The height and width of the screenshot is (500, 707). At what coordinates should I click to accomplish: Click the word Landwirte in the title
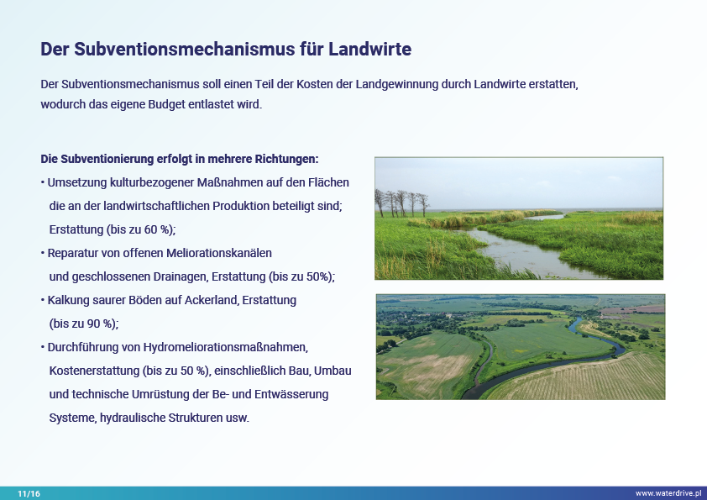[x=369, y=49]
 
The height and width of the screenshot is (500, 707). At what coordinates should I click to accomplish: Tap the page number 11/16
[x=29, y=493]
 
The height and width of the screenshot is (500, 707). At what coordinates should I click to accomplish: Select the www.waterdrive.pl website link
[x=668, y=493]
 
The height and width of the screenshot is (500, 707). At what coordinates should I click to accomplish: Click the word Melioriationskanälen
[x=219, y=253]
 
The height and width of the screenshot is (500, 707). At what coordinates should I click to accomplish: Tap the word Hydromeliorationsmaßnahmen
[x=225, y=347]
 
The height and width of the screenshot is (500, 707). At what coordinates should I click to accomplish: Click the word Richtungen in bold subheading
[x=287, y=160]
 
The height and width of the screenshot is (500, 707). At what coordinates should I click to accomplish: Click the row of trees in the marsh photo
[x=401, y=203]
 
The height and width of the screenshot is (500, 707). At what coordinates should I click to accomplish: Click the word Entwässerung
[x=291, y=394]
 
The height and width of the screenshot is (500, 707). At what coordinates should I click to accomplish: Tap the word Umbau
[x=333, y=371]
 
